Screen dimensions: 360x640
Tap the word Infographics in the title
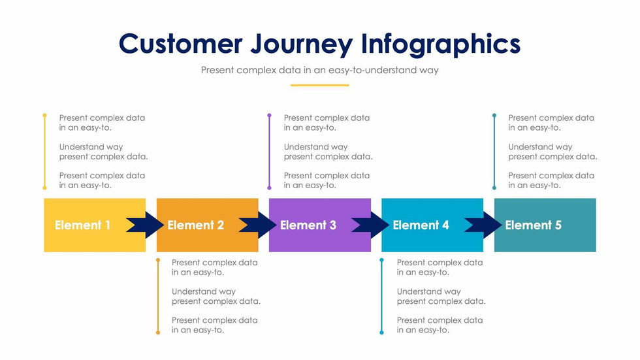click(441, 44)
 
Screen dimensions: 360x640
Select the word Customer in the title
click(180, 44)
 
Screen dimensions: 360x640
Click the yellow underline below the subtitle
click(319, 85)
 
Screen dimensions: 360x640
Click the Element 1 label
click(82, 225)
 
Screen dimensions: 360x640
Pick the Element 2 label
click(195, 225)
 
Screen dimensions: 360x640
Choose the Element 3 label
click(308, 225)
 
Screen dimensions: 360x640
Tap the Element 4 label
click(421, 225)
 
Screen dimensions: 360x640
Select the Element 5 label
click(533, 225)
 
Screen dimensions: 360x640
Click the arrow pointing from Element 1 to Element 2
click(145, 225)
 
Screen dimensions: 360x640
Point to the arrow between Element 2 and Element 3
click(257, 225)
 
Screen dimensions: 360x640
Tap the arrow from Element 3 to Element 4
click(370, 225)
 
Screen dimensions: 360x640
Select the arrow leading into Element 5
click(483, 225)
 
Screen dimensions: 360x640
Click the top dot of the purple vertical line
click(269, 115)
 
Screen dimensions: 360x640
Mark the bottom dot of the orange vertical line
click(157, 333)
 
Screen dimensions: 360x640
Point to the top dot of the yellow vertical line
click(44, 115)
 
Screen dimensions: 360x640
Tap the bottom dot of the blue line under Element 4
click(382, 333)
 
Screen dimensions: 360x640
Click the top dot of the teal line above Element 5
click(494, 115)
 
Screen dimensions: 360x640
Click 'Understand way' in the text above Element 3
click(315, 147)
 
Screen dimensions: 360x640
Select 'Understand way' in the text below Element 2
click(204, 291)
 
